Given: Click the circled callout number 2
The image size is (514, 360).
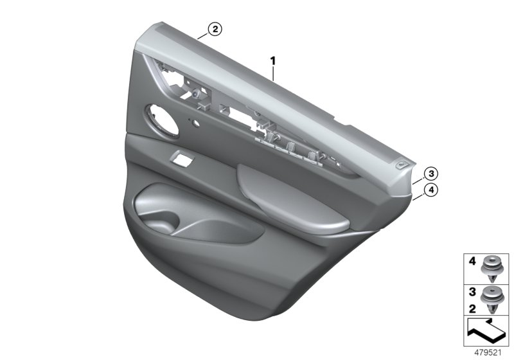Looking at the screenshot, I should click(214, 28).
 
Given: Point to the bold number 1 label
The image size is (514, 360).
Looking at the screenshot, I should click(273, 60).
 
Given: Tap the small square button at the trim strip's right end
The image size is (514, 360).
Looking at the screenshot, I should click(403, 165).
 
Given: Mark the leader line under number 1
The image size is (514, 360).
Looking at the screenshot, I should click(274, 73).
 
